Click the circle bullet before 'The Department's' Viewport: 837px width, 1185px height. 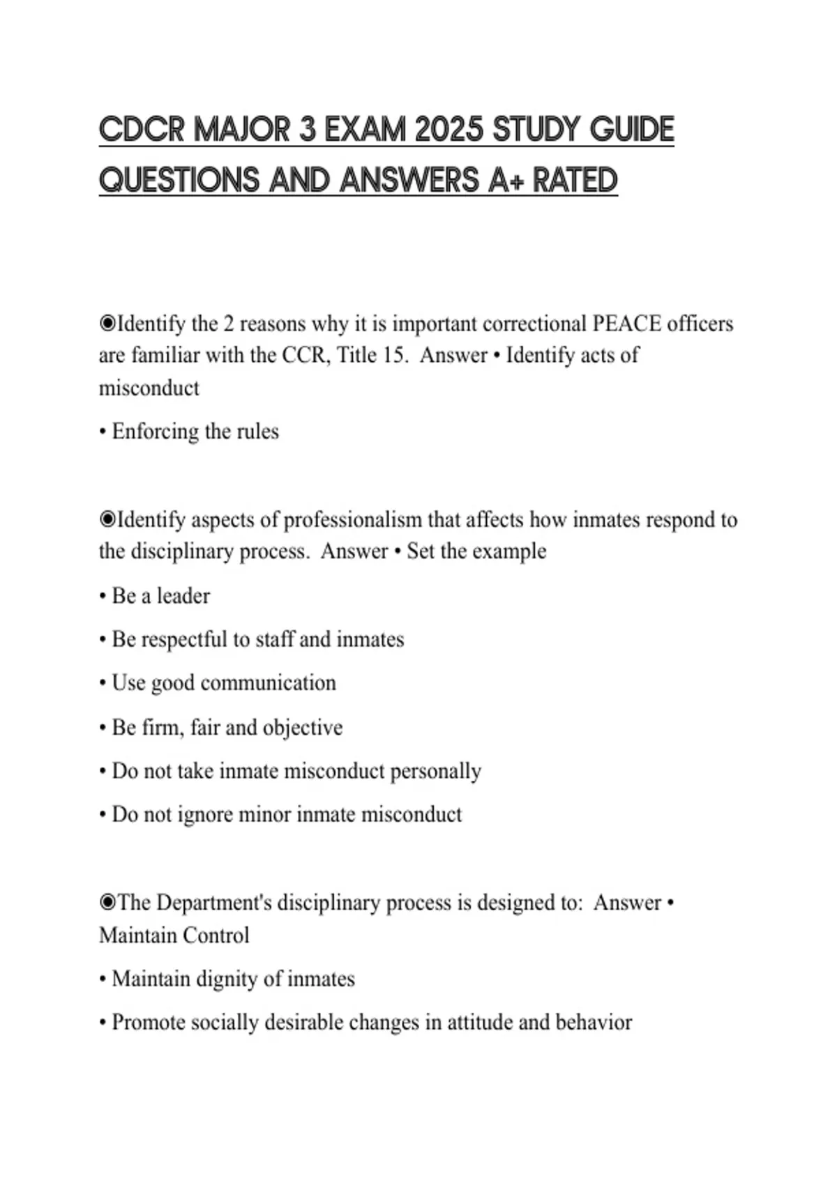[x=107, y=903]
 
